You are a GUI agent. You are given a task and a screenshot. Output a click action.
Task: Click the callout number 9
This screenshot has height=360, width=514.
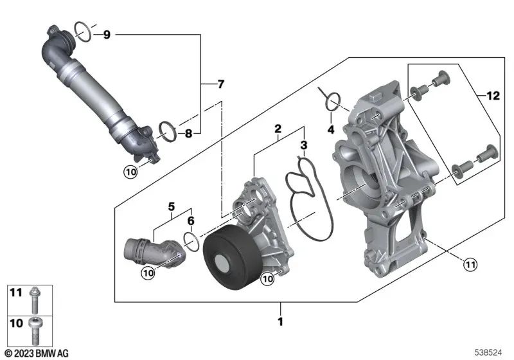107,34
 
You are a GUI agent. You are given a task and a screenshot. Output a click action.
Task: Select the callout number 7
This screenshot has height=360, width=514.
220,84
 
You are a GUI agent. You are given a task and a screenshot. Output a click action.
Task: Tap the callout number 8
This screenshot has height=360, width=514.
188,134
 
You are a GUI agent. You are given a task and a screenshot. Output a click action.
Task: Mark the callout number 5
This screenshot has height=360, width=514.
172,206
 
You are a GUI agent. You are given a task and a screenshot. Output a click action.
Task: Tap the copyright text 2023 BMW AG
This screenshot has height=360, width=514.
37,353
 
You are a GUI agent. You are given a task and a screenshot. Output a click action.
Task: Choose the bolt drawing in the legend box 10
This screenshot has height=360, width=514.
34,330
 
